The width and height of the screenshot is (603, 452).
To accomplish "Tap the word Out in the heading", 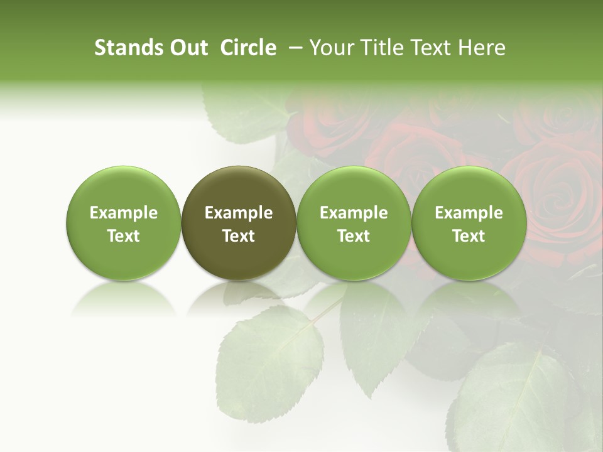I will (x=187, y=48).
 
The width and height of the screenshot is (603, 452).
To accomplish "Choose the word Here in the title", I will (x=482, y=48).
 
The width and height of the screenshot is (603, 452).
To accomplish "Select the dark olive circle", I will (x=239, y=223).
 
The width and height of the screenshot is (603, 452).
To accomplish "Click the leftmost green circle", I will (x=124, y=223).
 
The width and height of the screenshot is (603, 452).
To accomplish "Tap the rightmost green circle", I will (x=469, y=223).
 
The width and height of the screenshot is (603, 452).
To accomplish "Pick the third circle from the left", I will (x=354, y=223).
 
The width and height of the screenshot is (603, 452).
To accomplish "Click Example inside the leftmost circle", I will (x=124, y=213).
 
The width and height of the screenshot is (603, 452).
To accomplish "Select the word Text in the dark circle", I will (x=239, y=236).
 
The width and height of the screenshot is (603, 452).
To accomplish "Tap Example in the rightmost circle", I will (x=469, y=213).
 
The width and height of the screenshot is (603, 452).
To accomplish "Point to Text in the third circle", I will (x=354, y=236).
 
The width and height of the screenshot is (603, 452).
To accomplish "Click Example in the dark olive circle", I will (x=239, y=213).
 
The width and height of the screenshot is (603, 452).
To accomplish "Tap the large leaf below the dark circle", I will (x=270, y=364).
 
